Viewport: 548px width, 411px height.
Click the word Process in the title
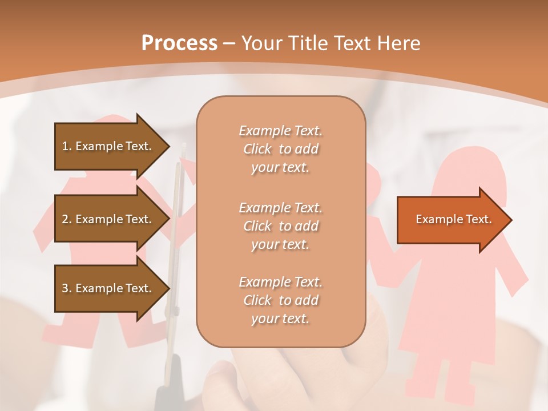tap(179, 43)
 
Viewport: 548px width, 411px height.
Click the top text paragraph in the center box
tap(280, 149)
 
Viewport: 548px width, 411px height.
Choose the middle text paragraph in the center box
tap(280, 225)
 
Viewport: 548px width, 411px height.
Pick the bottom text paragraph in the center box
tap(280, 300)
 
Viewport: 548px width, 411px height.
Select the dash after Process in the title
tap(229, 43)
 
